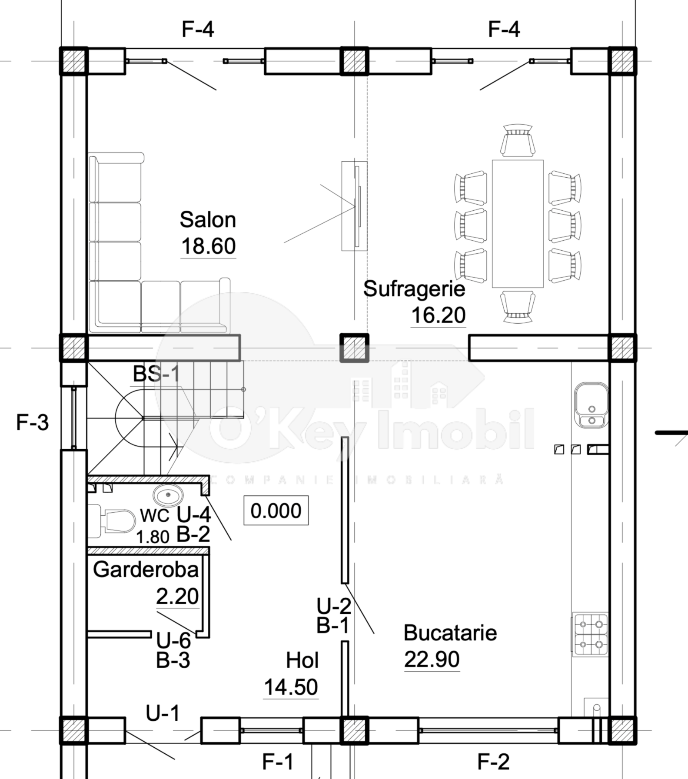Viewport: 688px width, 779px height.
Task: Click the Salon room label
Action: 208,220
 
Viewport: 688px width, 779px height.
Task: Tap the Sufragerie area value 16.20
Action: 438,315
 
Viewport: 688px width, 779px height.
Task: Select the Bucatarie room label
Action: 450,633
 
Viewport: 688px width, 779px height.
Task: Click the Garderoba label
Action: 146,570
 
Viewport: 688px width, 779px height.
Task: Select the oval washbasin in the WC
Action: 168,494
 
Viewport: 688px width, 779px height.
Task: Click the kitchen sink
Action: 591,405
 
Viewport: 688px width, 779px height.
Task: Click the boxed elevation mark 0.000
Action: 276,510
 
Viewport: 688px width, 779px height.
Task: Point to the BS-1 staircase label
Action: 156,374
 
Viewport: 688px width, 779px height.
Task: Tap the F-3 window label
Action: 33,422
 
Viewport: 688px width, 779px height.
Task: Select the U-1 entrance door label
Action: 163,713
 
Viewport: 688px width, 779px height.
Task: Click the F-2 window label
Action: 493,762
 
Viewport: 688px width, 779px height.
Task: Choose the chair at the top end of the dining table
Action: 517,140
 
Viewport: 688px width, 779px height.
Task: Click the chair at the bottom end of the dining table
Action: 517,307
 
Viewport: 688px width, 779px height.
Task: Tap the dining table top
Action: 518,224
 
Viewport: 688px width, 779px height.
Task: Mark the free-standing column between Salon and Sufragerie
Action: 354,348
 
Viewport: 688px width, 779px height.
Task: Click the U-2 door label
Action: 333,606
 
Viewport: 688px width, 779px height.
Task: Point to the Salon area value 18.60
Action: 208,246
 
